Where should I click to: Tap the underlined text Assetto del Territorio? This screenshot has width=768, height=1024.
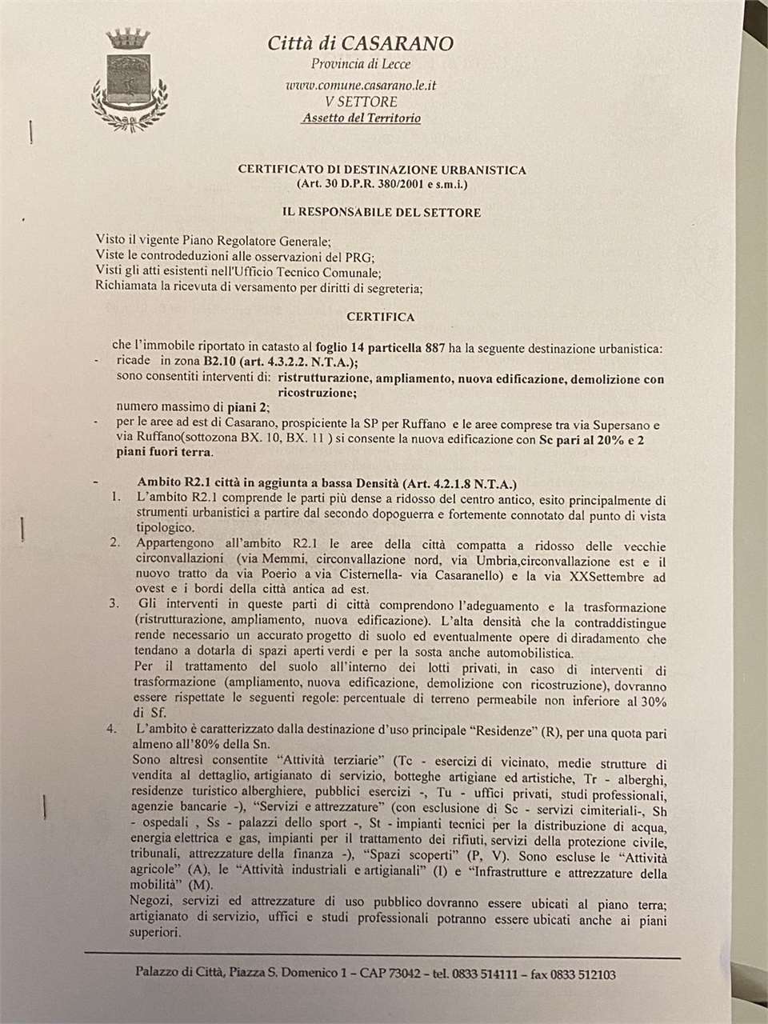point(361,118)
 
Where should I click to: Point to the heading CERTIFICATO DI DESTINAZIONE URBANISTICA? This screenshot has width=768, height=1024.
point(382,170)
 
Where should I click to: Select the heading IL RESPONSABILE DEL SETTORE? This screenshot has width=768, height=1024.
point(381,212)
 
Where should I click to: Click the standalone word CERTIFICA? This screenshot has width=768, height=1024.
point(381,317)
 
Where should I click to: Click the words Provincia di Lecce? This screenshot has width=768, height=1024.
point(360,64)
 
